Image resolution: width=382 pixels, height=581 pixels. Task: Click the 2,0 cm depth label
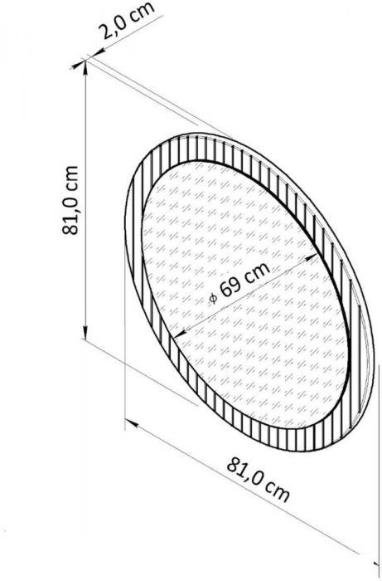pyautogui.click(x=128, y=21)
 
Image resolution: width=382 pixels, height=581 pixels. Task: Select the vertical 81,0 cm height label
pyautogui.click(x=70, y=200)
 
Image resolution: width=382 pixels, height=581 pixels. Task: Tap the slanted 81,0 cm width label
pyautogui.click(x=258, y=480)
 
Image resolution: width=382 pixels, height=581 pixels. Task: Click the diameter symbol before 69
pyautogui.click(x=213, y=297)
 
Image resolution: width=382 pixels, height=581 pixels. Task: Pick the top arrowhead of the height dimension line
pyautogui.click(x=85, y=66)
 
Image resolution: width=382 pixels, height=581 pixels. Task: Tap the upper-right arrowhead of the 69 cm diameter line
pyautogui.click(x=312, y=256)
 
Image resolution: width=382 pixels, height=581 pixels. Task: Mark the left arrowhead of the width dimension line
pyautogui.click(x=131, y=423)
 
